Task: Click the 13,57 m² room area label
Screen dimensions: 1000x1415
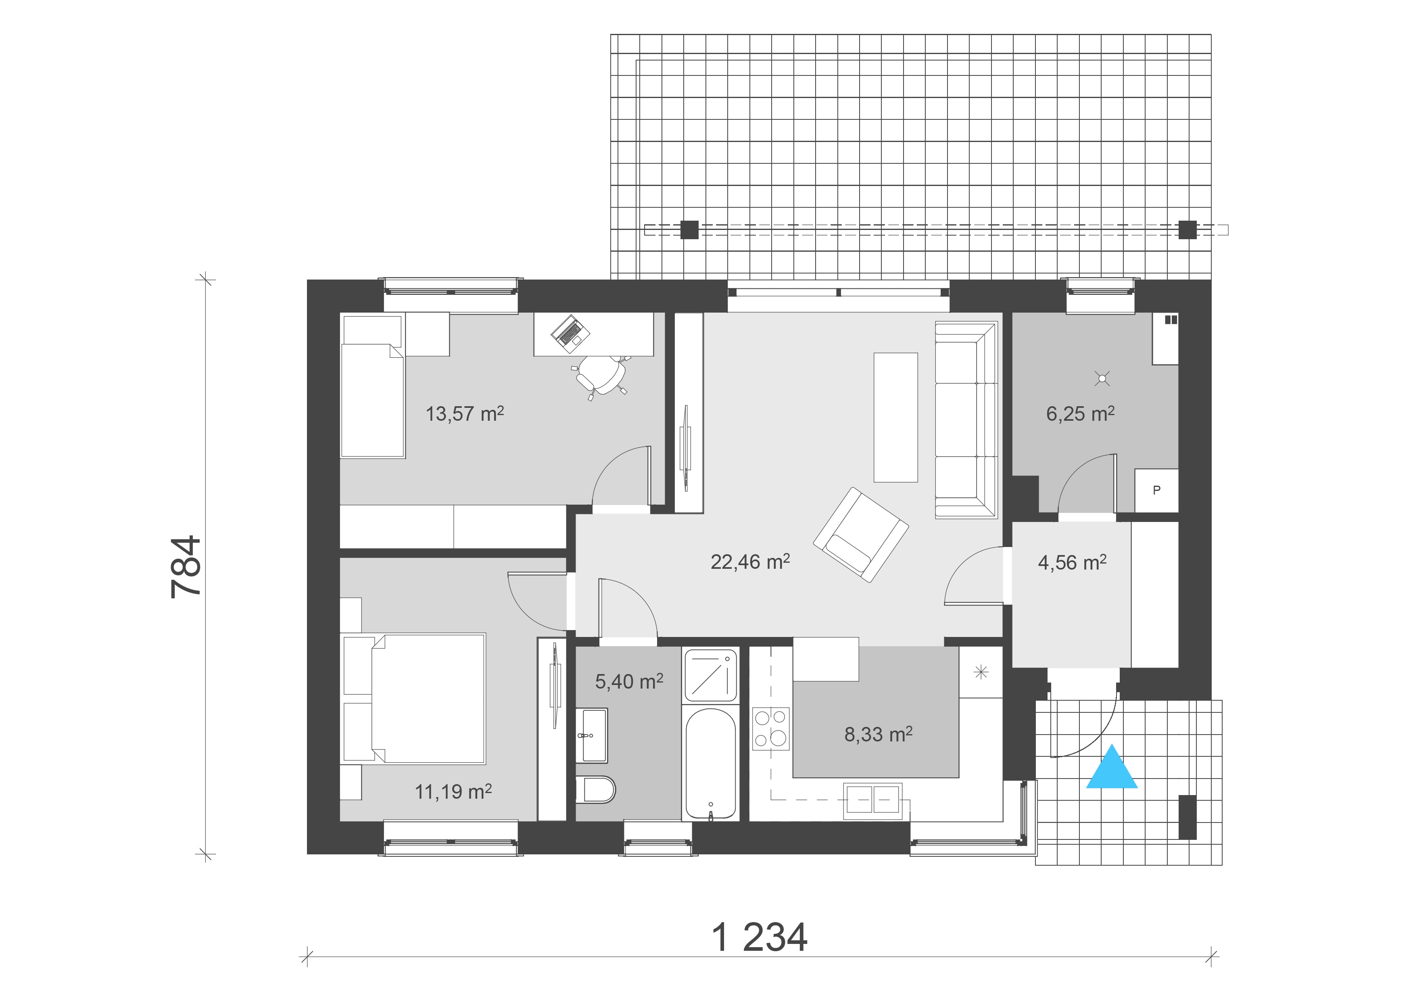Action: pos(465,413)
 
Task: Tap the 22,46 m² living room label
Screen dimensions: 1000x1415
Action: pos(749,561)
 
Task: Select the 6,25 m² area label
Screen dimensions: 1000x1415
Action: pos(1080,413)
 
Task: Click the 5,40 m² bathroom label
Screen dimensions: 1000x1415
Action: pos(628,681)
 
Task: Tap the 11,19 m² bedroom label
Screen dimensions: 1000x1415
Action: pos(453,791)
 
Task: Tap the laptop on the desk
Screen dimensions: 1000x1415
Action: pos(570,333)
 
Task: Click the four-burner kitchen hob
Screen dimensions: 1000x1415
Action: pos(770,728)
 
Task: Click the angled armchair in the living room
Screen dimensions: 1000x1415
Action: pos(860,534)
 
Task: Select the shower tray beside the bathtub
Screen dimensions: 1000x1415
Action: pos(710,675)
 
